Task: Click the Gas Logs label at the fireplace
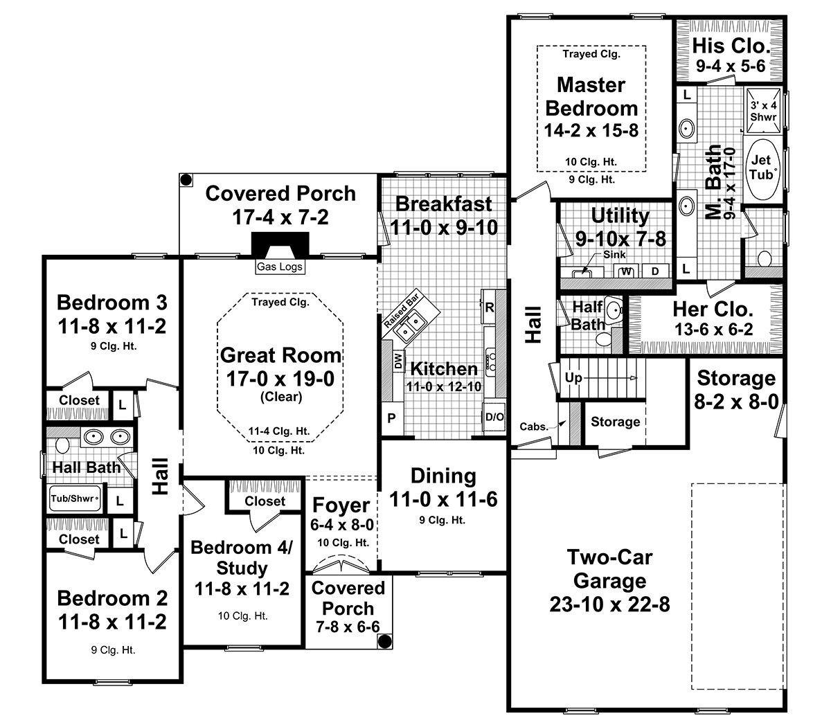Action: coord(280,267)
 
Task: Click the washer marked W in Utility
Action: coord(627,271)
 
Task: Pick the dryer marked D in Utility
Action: coord(655,271)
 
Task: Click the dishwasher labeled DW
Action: coord(398,359)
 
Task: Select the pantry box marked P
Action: coord(391,418)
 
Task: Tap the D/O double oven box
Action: coord(494,417)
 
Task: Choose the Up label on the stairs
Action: coord(573,378)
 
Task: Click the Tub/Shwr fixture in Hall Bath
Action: coord(74,497)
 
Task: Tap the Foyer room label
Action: coord(341,505)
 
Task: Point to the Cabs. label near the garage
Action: coord(534,427)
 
